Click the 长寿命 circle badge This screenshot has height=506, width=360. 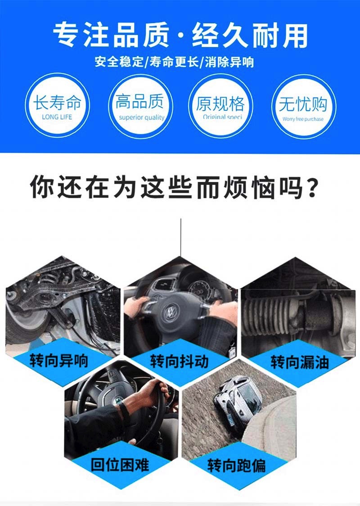57,106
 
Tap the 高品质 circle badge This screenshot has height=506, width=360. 139,106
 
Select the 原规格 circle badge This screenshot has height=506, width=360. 220,106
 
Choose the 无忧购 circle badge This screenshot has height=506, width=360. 303,106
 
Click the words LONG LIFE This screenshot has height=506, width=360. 57,117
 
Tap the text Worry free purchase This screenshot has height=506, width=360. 303,119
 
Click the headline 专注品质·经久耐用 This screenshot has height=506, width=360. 180,35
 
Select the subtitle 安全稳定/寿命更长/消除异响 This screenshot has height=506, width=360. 175,62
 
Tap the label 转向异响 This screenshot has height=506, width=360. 59,361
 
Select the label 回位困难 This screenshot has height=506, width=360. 120,464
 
